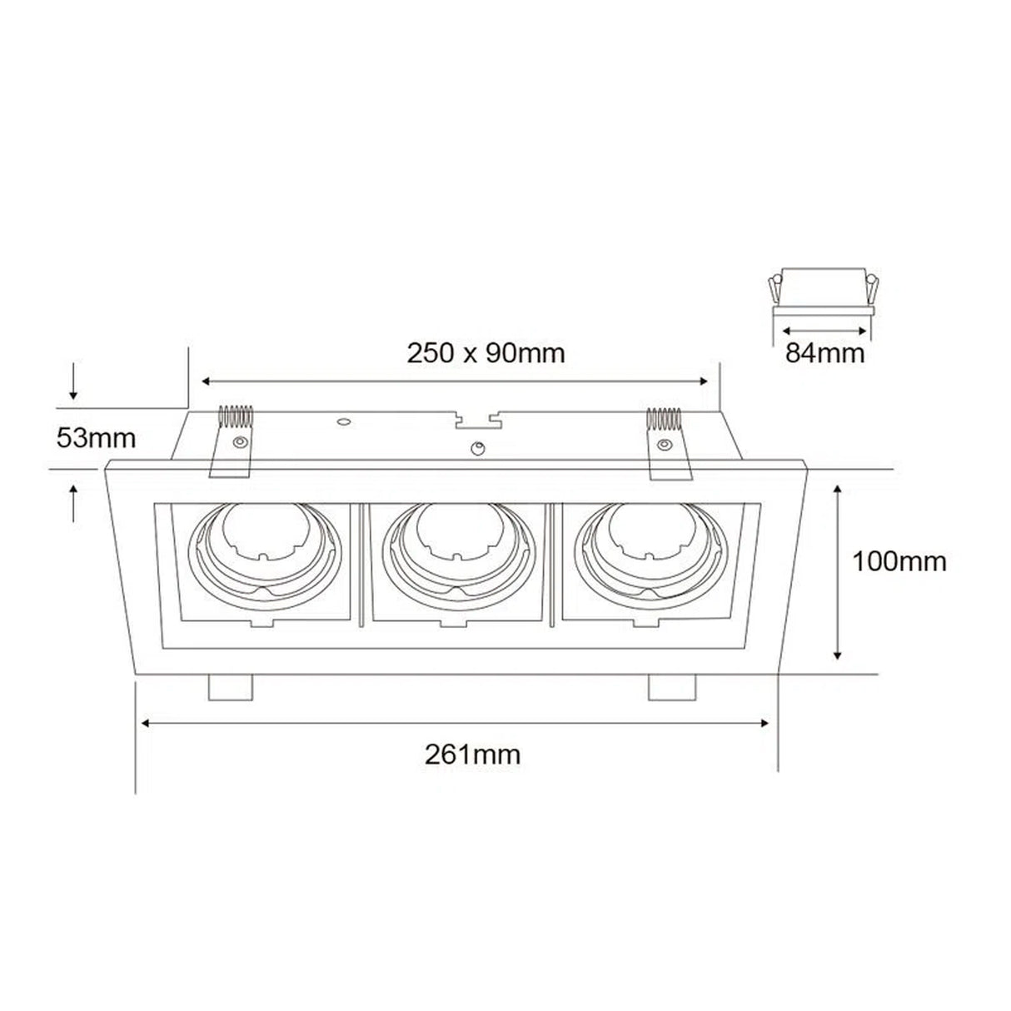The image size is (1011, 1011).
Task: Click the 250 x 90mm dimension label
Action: tap(486, 354)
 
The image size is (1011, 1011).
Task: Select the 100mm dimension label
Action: tap(899, 562)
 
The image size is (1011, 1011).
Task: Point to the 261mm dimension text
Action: tap(472, 755)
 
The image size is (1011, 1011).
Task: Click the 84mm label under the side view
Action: tap(825, 354)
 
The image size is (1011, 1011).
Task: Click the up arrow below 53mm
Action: tap(74, 504)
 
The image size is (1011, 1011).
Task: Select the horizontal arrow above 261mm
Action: tap(456, 724)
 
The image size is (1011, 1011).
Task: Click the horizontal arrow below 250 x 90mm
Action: tap(455, 381)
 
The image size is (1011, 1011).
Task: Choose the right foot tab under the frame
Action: tap(671, 687)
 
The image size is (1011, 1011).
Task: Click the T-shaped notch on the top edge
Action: tap(476, 419)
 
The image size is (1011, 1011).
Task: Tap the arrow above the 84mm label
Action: tap(822, 329)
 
